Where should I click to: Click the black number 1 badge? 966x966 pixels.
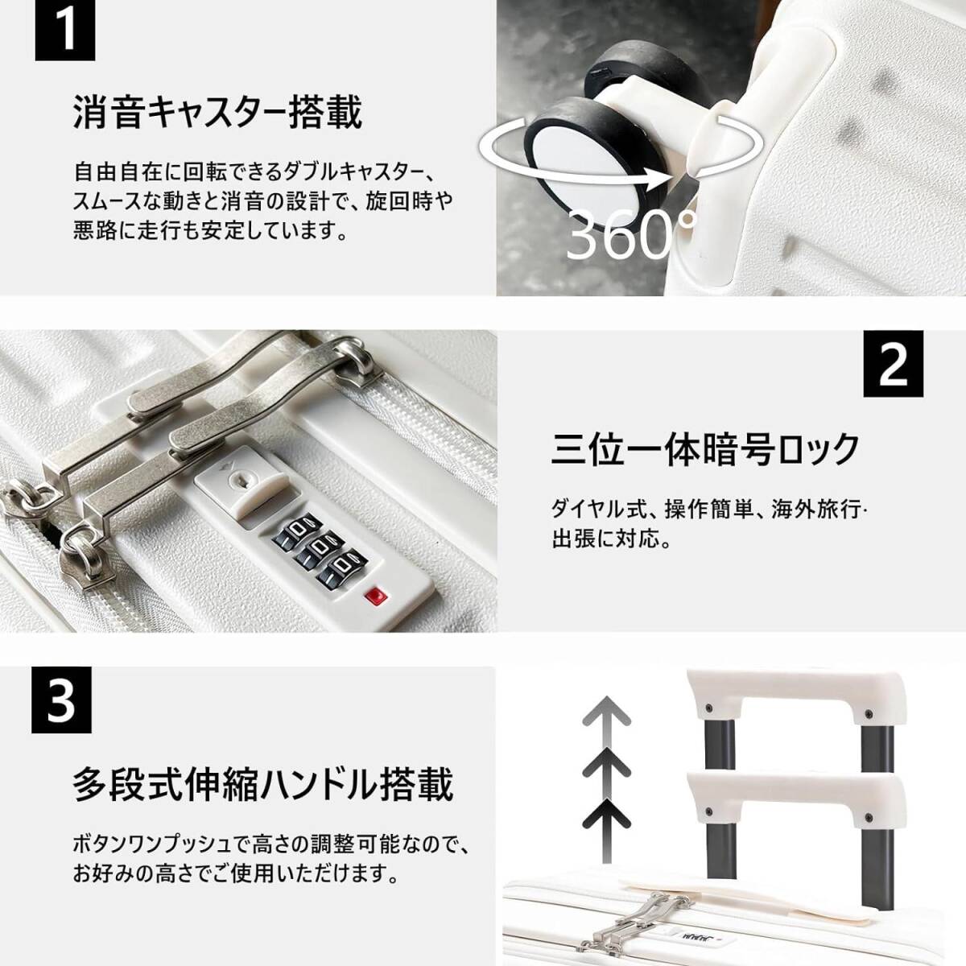[64, 31]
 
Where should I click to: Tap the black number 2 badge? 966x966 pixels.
[893, 364]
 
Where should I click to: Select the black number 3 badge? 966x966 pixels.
[61, 700]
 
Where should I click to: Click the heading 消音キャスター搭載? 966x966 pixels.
[217, 114]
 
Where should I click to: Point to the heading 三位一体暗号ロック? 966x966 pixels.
[705, 450]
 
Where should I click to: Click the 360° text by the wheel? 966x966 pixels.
[631, 234]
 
